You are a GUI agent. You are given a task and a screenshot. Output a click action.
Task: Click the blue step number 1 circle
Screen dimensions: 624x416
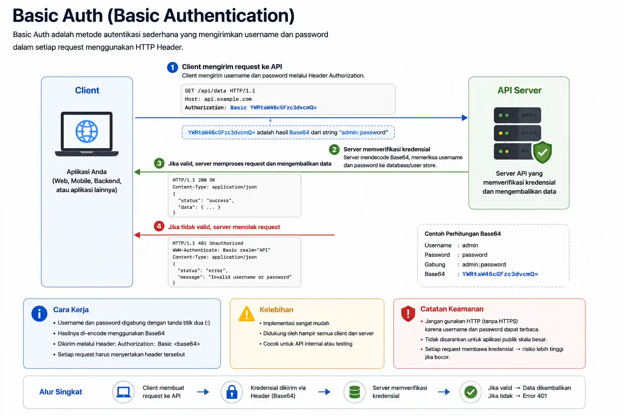click(172, 67)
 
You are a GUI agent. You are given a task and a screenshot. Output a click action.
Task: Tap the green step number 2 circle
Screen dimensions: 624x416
click(334, 149)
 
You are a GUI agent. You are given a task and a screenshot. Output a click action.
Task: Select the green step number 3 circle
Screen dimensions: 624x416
click(159, 163)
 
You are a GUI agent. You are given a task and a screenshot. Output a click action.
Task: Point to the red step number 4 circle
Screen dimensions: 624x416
click(159, 226)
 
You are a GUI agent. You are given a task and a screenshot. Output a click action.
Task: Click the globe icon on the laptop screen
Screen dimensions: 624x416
click(87, 132)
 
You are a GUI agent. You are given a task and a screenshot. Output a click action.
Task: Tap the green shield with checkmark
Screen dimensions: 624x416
click(542, 152)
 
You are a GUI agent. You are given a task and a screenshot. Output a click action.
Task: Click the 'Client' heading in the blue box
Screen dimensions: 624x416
click(87, 90)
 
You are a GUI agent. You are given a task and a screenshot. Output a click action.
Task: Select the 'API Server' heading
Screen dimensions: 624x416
click(519, 90)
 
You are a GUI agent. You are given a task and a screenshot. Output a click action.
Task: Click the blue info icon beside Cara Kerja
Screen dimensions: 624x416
click(39, 314)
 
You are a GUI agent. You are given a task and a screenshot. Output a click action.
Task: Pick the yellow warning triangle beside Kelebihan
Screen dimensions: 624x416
click(247, 314)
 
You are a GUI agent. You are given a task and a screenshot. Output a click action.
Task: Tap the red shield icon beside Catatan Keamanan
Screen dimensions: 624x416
click(408, 314)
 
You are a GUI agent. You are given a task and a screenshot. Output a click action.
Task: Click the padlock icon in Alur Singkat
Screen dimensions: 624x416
click(232, 392)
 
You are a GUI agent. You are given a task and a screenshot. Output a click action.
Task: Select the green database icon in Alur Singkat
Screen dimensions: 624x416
click(354, 392)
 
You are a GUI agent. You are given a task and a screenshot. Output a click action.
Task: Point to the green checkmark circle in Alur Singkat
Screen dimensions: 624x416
click(470, 392)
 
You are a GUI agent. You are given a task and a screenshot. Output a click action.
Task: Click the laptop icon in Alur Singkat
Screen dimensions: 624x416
click(123, 392)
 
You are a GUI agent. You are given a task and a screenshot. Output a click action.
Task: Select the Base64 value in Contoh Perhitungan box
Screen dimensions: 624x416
click(500, 274)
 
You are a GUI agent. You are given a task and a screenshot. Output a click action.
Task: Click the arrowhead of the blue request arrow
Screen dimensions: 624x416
click(465, 117)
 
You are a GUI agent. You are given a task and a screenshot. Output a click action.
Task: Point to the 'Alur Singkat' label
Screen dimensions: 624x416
click(61, 392)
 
